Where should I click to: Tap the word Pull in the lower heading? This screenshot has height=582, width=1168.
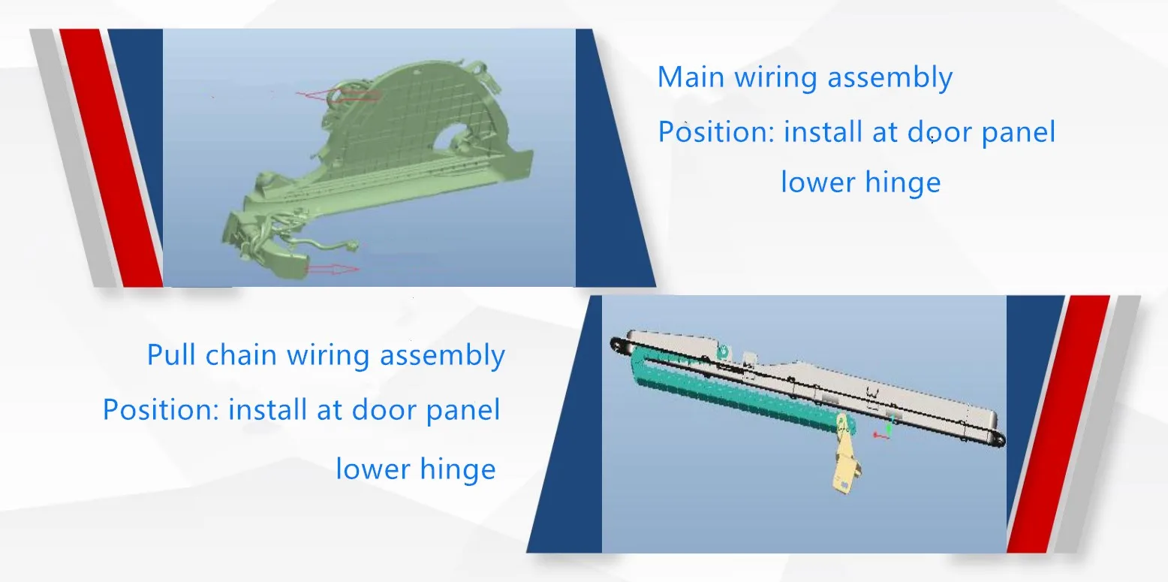coord(171,354)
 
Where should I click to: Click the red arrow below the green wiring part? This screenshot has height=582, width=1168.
coord(332,269)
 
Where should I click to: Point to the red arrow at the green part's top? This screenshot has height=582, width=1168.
coord(338,95)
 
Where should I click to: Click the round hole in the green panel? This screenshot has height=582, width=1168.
coord(455,134)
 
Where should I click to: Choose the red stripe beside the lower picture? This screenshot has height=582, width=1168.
coord(1058,424)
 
